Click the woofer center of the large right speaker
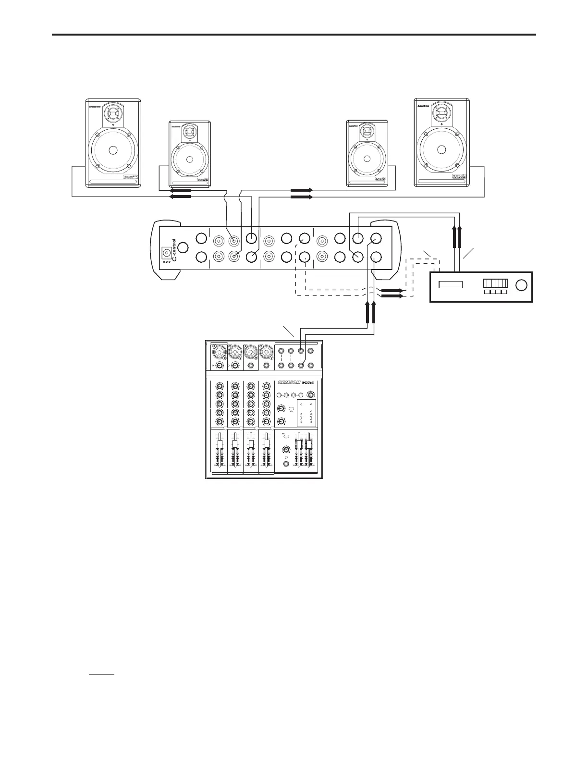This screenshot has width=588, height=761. click(x=441, y=149)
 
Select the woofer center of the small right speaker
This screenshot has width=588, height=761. click(x=367, y=159)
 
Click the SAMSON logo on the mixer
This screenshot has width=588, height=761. click(x=289, y=382)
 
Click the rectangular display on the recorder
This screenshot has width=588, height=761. click(x=451, y=284)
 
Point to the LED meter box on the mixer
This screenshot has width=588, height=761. click(x=306, y=412)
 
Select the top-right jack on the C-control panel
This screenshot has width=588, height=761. click(x=376, y=238)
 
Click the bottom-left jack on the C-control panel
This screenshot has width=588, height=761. click(x=201, y=257)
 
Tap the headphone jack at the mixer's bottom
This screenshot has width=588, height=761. click(x=286, y=465)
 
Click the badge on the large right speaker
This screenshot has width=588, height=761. click(x=460, y=177)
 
